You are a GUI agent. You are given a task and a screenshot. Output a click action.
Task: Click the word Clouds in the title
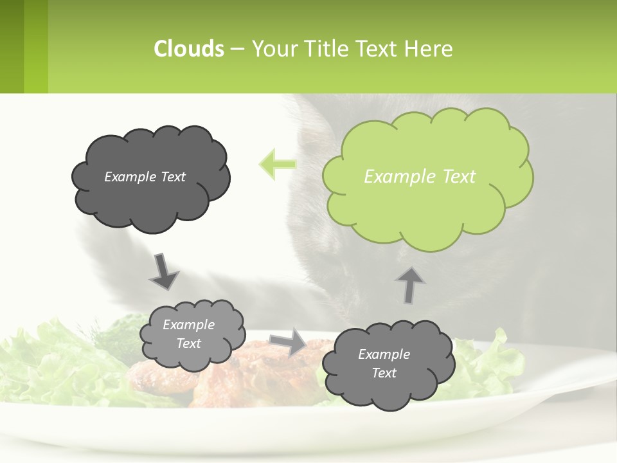(189, 49)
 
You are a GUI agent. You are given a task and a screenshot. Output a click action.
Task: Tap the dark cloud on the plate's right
(388, 364)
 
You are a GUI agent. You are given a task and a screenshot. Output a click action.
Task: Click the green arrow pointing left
(277, 165)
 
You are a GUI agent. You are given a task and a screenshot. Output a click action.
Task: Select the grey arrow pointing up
(410, 284)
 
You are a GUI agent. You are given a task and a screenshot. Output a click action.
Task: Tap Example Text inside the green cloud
(420, 177)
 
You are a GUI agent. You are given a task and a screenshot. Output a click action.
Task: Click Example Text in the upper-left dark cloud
(145, 177)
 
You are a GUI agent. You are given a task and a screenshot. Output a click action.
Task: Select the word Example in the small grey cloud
(188, 325)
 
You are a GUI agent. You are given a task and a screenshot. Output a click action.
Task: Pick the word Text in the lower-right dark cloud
(384, 373)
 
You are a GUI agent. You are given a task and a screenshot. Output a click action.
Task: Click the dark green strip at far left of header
(12, 46)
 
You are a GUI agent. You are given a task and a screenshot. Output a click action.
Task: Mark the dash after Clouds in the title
(237, 49)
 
